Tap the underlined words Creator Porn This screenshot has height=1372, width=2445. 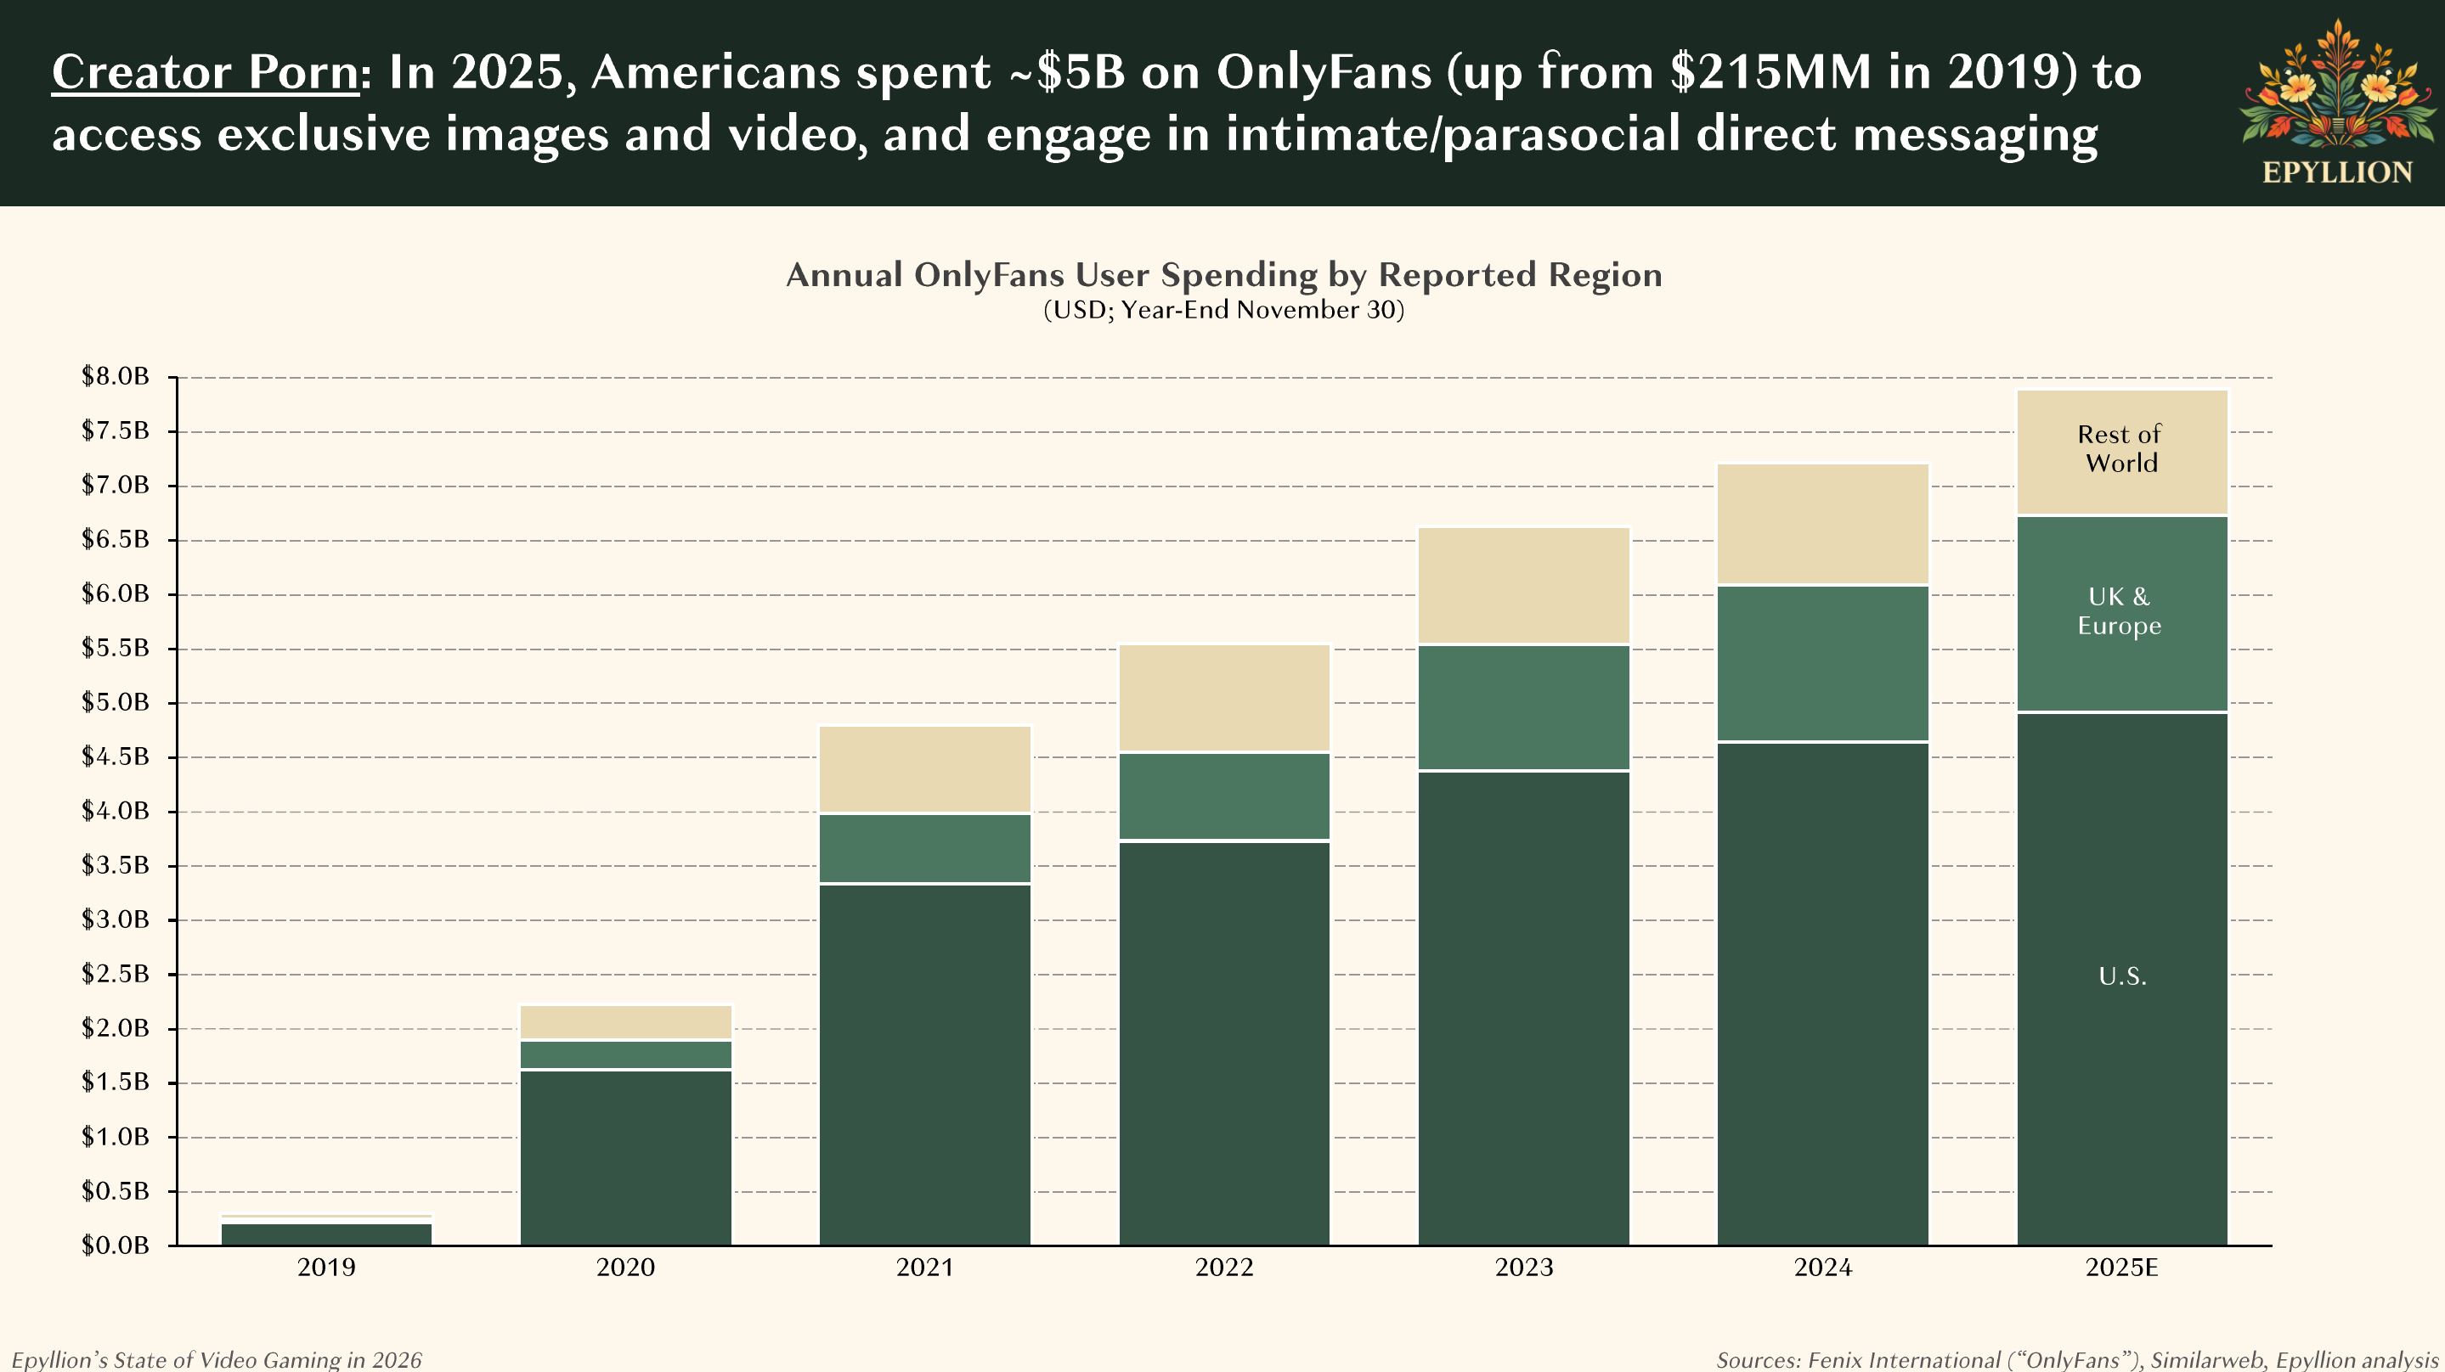click(x=205, y=72)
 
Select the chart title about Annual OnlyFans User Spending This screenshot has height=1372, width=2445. click(x=1223, y=275)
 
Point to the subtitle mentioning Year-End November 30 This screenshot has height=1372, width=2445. click(x=1223, y=310)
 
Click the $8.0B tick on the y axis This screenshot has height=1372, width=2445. click(x=116, y=377)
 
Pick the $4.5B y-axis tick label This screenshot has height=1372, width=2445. click(x=116, y=756)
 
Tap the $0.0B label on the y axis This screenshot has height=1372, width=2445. click(x=116, y=1245)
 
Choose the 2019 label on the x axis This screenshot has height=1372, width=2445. click(x=326, y=1268)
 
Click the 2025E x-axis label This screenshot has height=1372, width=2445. click(x=2121, y=1268)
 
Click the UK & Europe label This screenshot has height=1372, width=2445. click(x=2120, y=611)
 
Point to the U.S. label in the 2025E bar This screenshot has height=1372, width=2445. click(x=2122, y=976)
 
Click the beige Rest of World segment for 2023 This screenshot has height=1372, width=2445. click(x=1523, y=586)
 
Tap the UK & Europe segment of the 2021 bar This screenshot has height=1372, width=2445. click(x=925, y=848)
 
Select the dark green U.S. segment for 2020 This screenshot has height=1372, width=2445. click(x=626, y=1157)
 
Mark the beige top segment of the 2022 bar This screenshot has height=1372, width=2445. click(x=1224, y=699)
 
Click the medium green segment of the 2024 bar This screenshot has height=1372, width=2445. click(x=1822, y=663)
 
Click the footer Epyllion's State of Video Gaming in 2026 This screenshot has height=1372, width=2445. click(x=217, y=1359)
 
